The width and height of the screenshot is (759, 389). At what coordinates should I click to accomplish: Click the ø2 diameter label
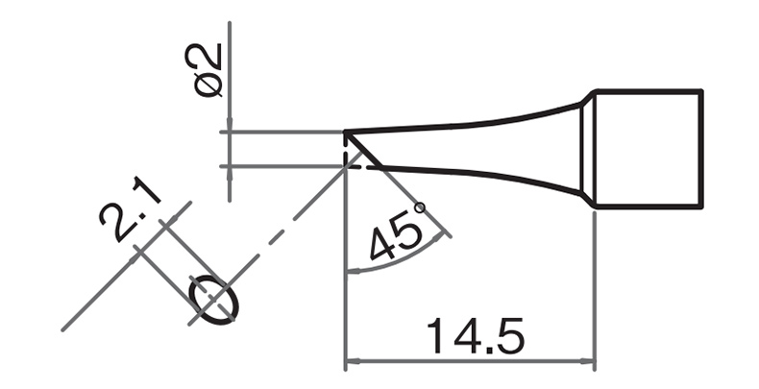tap(208, 70)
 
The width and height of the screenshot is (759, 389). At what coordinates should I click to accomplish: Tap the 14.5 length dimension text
tap(475, 336)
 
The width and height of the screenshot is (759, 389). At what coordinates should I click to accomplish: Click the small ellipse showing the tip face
tap(213, 301)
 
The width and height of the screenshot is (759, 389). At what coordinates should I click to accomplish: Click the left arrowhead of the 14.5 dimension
tap(353, 361)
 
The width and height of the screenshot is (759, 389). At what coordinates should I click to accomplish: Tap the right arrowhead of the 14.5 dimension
tap(587, 361)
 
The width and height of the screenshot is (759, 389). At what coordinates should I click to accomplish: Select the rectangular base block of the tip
tap(649, 149)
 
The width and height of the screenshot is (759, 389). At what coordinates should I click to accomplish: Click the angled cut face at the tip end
tap(363, 149)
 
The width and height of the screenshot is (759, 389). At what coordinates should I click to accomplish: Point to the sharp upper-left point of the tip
tap(345, 132)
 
